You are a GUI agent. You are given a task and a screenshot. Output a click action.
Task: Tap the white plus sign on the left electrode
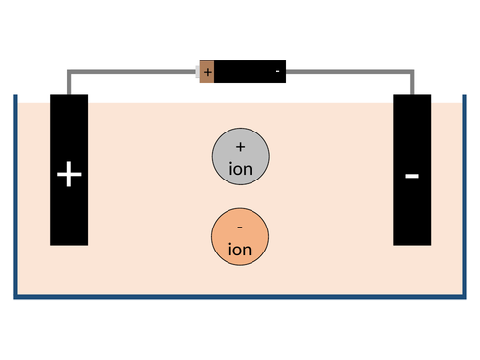click(69, 175)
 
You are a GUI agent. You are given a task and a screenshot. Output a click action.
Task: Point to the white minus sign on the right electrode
click(412, 176)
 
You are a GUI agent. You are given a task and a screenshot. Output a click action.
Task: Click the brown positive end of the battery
click(206, 72)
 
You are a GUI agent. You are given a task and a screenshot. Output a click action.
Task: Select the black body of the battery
click(250, 72)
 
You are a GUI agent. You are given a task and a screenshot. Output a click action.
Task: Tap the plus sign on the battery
click(207, 72)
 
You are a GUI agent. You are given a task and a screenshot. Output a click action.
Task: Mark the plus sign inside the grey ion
click(240, 147)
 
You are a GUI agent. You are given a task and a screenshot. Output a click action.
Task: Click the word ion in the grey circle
click(240, 167)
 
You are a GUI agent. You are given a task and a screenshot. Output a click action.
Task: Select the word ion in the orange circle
click(240, 250)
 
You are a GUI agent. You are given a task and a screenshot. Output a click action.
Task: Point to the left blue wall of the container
click(16, 192)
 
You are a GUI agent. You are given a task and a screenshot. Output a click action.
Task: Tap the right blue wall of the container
click(464, 192)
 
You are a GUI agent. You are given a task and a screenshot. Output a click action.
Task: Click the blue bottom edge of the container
click(240, 296)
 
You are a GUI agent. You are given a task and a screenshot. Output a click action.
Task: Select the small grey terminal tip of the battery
click(196, 72)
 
